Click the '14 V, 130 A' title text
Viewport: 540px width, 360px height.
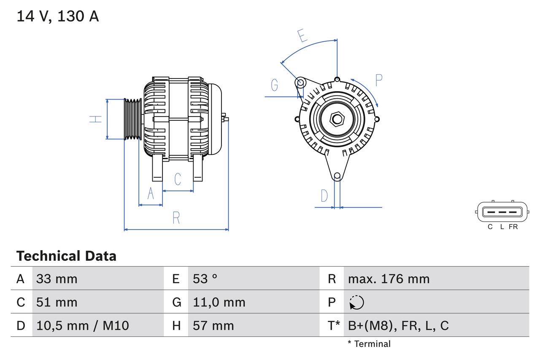[x=57, y=16]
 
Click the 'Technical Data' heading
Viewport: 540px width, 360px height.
[x=66, y=256]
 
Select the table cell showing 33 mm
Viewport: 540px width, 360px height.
[x=57, y=279]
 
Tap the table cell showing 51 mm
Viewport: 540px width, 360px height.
[x=57, y=302]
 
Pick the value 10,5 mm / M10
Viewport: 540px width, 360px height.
[x=83, y=325]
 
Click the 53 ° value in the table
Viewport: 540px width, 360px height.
[x=205, y=279]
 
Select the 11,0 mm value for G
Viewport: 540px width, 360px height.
[x=219, y=302]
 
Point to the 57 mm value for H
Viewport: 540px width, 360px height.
[x=213, y=325]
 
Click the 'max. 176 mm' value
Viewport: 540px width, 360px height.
[x=389, y=279]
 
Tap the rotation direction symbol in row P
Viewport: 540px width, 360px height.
[x=356, y=302]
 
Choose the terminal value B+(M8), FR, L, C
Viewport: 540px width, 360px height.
[x=398, y=325]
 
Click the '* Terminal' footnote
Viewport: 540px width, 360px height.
[x=369, y=344]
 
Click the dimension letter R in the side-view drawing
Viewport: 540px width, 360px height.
[x=176, y=218]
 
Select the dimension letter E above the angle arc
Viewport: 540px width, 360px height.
[x=302, y=36]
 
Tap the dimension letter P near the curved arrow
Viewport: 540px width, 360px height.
[x=378, y=80]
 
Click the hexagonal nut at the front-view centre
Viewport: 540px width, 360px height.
[x=337, y=119]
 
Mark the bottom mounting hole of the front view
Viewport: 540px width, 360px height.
[x=337, y=176]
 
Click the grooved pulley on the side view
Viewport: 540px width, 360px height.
[x=133, y=119]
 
